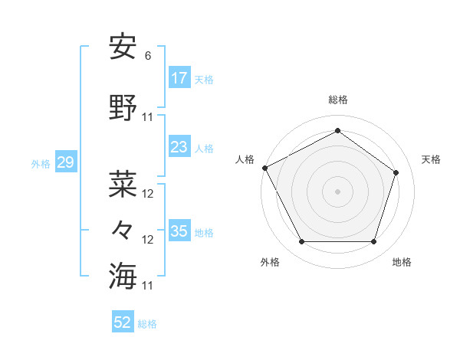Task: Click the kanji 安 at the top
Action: [x=123, y=48]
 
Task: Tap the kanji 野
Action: [x=123, y=109]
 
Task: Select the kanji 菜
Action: [x=123, y=185]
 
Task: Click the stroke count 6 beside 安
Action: [x=148, y=56]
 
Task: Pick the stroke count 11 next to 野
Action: [x=148, y=117]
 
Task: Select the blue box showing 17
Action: [x=179, y=78]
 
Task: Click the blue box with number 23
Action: [x=179, y=147]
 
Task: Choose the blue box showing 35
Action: [x=179, y=231]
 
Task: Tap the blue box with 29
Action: [x=65, y=162]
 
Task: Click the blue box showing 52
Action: [x=123, y=322]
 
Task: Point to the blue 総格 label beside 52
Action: [x=148, y=324]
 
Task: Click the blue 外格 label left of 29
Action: [x=41, y=164]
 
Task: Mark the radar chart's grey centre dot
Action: [x=337, y=191]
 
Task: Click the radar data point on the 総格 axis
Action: [x=337, y=131]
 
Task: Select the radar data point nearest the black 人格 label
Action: [x=264, y=168]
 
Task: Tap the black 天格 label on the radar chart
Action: [x=431, y=159]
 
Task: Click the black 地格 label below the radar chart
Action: [x=402, y=262]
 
